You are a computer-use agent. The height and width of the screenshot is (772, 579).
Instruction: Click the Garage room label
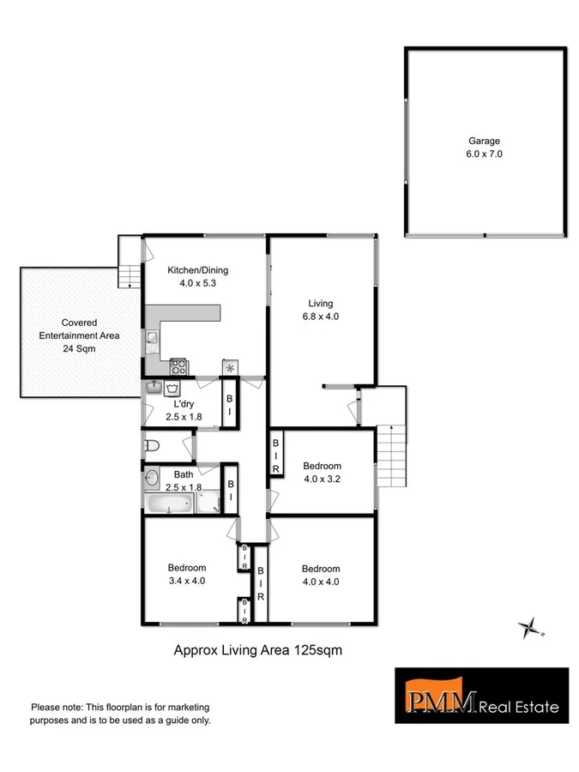point(484,148)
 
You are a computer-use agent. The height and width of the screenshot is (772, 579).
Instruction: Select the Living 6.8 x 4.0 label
point(321,310)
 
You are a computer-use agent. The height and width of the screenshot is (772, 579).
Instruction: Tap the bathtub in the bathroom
point(170,504)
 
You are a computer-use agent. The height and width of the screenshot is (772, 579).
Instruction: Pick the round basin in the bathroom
point(153,477)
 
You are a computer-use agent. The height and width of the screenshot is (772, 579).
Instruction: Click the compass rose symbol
point(530,629)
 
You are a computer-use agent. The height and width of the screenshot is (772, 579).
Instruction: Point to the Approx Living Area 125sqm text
point(258,650)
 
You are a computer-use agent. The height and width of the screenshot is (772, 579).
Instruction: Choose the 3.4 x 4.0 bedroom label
point(186,574)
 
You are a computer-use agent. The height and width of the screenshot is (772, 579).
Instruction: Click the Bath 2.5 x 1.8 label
point(184,480)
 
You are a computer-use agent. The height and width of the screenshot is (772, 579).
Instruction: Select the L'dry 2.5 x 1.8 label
point(184,411)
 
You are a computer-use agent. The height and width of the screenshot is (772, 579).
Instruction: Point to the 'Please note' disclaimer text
point(120,714)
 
